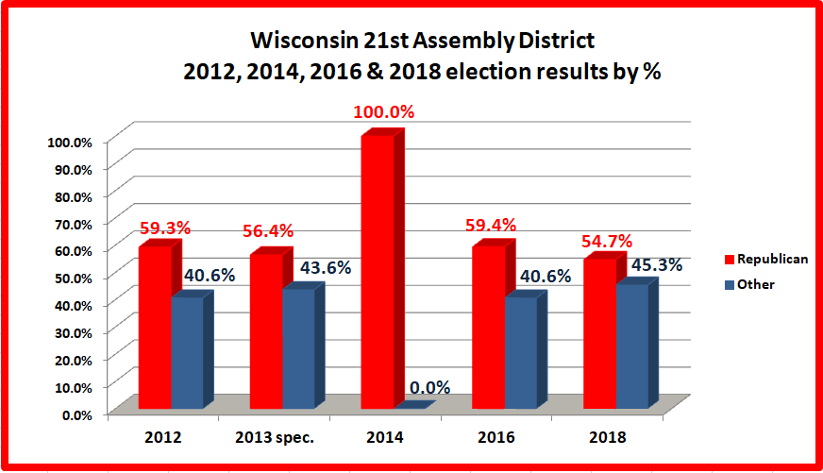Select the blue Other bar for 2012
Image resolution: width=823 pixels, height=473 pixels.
pyautogui.click(x=187, y=353)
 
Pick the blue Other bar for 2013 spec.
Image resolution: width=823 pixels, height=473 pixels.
pyautogui.click(x=298, y=348)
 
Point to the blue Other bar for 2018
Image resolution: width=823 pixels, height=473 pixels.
pyautogui.click(x=631, y=346)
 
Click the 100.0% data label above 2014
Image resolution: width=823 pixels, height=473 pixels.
pyautogui.click(x=384, y=112)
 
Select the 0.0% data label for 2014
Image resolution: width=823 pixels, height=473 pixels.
pyautogui.click(x=429, y=387)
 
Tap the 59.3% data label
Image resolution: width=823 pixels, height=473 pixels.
pyautogui.click(x=165, y=228)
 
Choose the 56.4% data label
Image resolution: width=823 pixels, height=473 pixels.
pyautogui.click(x=268, y=231)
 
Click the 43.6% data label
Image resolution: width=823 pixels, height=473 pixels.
pyautogui.click(x=326, y=267)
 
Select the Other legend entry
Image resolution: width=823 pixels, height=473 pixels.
pyautogui.click(x=754, y=284)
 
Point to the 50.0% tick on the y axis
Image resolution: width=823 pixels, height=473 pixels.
pyautogui.click(x=70, y=278)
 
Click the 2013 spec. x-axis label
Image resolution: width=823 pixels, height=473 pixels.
pyautogui.click(x=274, y=438)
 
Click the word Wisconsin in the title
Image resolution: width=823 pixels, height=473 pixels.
pyautogui.click(x=291, y=42)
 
